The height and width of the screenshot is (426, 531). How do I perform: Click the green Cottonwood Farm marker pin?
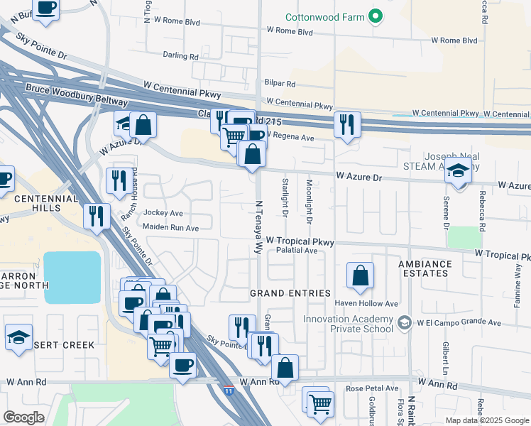[x=377, y=17]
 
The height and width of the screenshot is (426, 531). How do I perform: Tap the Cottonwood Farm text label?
[x=324, y=17]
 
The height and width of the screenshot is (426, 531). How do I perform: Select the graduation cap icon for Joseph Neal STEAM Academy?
[x=459, y=173]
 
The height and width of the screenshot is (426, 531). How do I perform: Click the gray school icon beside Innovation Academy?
[x=404, y=323]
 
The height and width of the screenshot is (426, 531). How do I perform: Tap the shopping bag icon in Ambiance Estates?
[x=361, y=275]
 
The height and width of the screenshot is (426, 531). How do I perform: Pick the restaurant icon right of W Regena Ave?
[x=346, y=125]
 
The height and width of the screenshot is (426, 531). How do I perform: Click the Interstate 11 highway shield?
[x=228, y=390]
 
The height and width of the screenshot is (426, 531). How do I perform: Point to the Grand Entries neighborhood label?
[x=290, y=293]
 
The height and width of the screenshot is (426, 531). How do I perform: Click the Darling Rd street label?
[x=180, y=56]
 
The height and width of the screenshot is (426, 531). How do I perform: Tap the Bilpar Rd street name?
[x=278, y=83]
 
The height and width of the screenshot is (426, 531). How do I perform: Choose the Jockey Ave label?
[x=163, y=212]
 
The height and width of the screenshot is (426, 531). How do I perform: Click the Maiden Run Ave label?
[x=170, y=228]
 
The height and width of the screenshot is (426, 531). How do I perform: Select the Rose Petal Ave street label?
[x=372, y=388]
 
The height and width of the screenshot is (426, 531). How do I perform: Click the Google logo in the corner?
[x=23, y=417]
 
